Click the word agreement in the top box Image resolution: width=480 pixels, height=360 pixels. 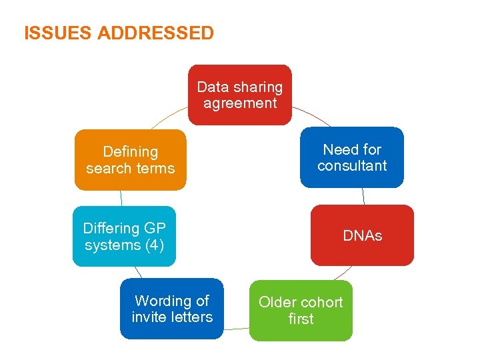(x=240, y=103)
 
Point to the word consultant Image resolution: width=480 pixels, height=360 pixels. (x=352, y=166)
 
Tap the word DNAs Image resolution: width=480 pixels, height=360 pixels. (x=362, y=236)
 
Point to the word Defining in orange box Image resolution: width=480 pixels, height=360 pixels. (x=131, y=152)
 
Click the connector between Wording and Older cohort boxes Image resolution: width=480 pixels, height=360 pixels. (x=237, y=329)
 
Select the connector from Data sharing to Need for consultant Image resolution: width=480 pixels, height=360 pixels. (x=311, y=115)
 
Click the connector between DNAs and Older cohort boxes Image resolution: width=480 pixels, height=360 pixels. (x=342, y=273)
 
